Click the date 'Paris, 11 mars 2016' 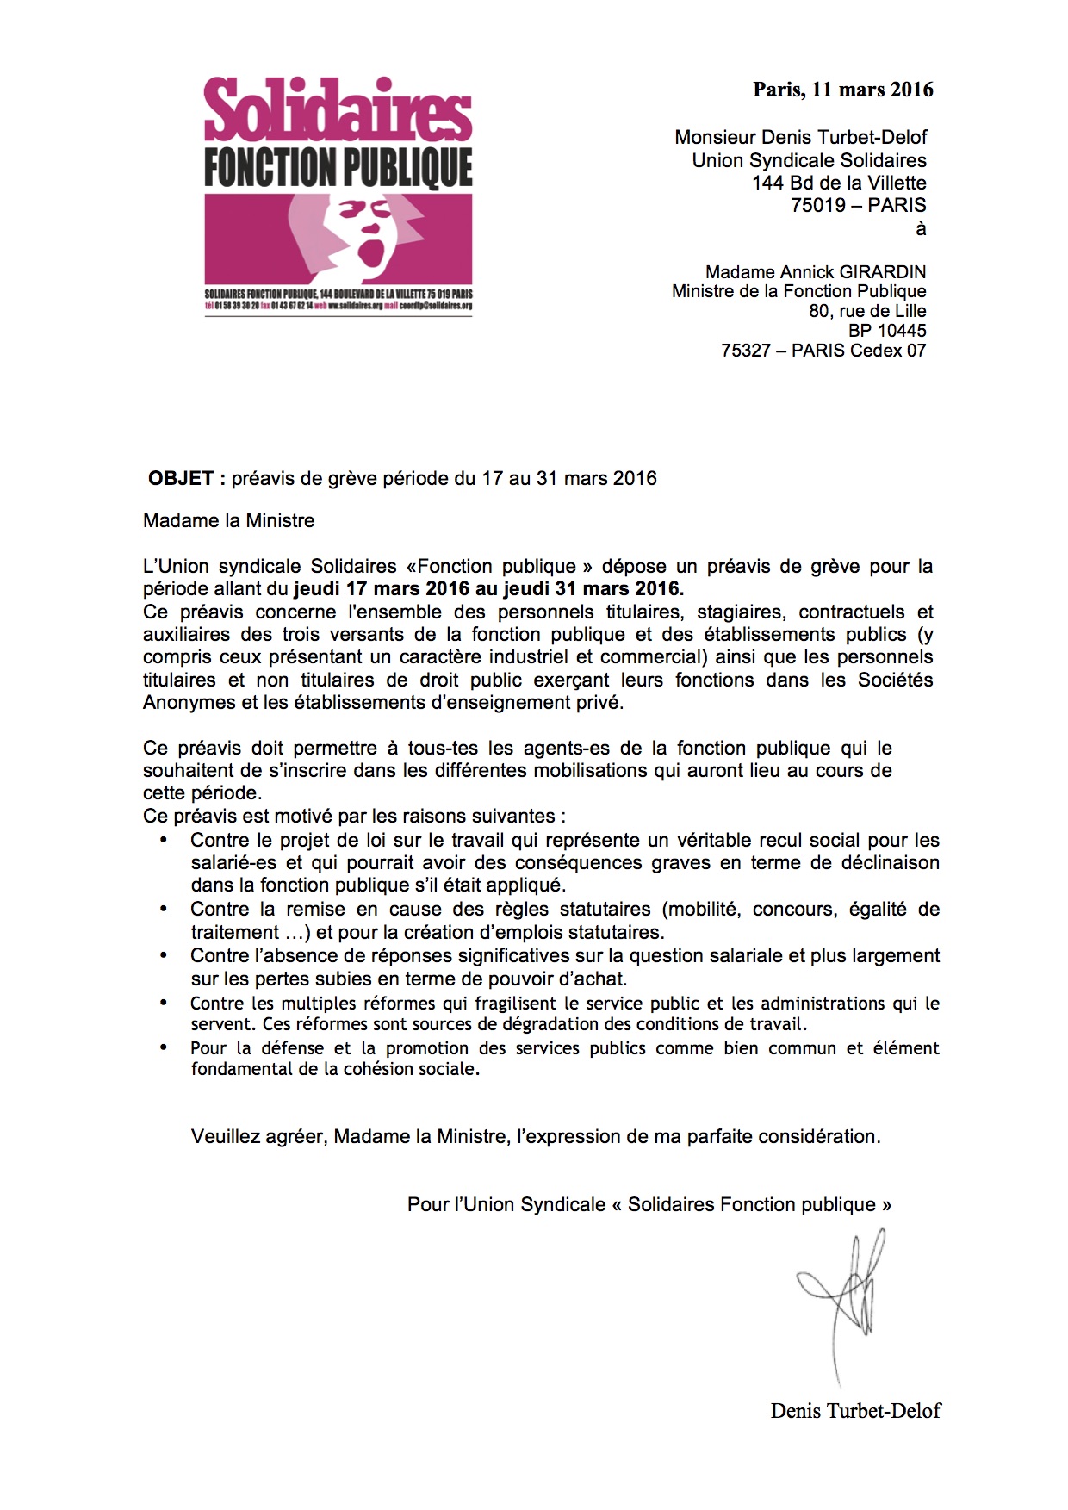[x=842, y=90]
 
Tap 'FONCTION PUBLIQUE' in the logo [x=338, y=167]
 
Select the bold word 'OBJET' [x=181, y=479]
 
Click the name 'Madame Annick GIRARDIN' [x=815, y=272]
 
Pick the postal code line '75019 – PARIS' [x=858, y=206]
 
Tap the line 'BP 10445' [x=887, y=331]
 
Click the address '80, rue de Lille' [x=867, y=311]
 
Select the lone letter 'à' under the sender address [x=921, y=229]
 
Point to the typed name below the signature [x=855, y=1411]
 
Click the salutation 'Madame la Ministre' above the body [x=229, y=521]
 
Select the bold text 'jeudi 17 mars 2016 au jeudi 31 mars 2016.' [x=488, y=590]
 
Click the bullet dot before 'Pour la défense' [x=164, y=1047]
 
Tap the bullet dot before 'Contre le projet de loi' [x=164, y=840]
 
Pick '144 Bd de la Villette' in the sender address [x=839, y=183]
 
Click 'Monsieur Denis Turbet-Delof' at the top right [x=801, y=138]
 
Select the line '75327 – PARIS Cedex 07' [x=823, y=351]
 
